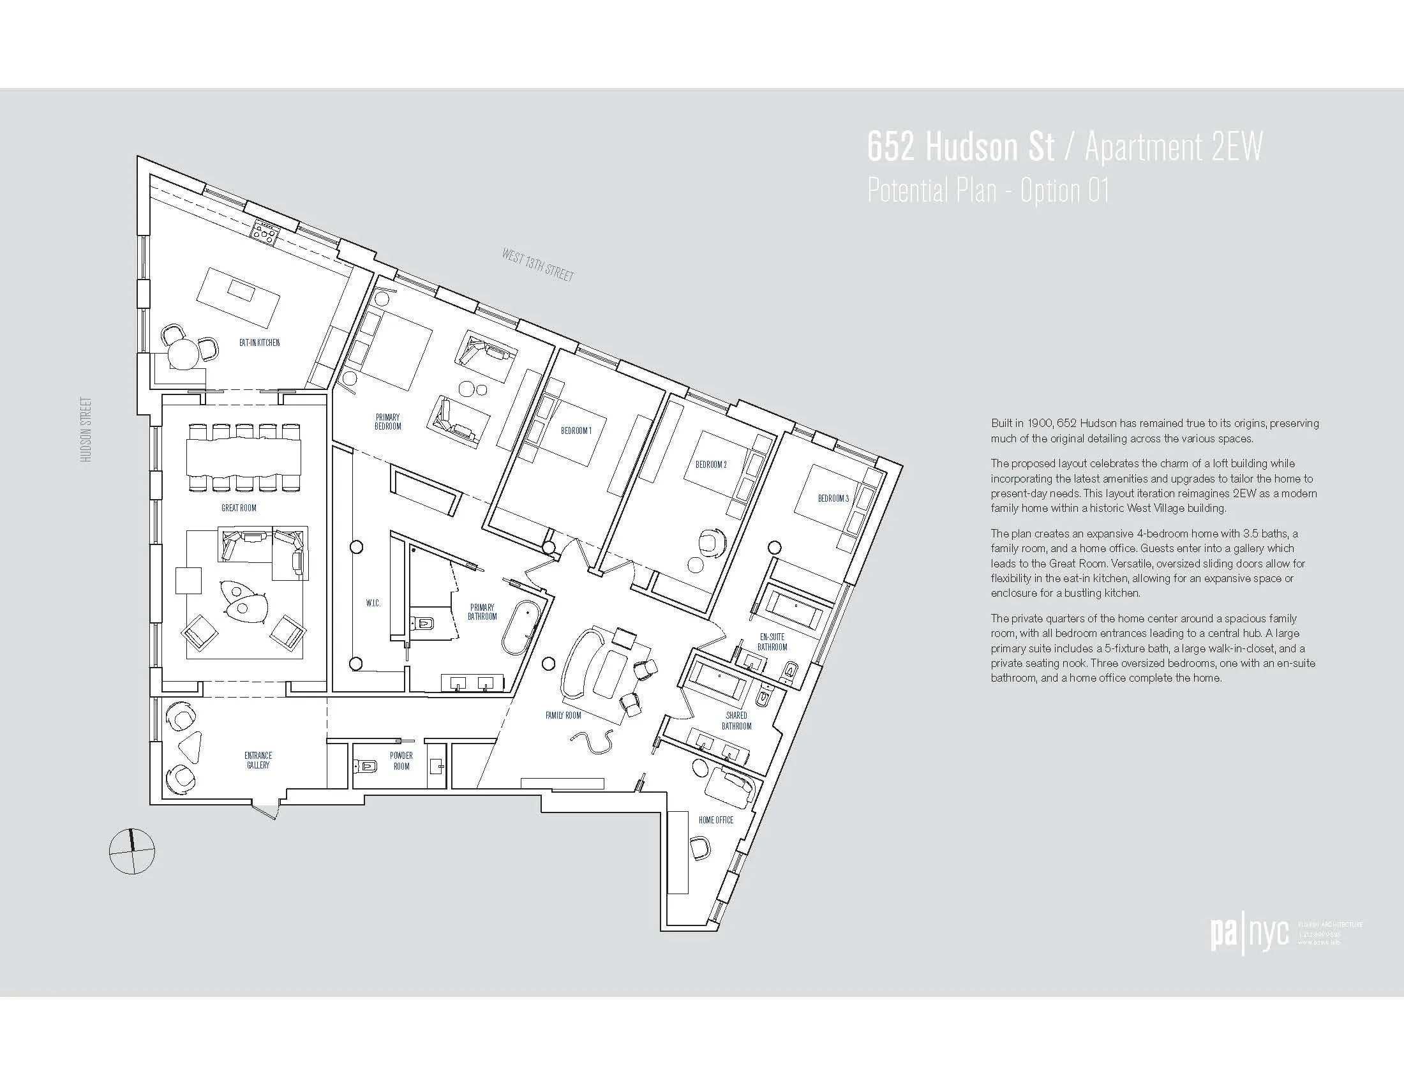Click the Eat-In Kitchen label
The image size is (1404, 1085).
tap(259, 343)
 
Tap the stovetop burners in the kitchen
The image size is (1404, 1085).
tap(264, 233)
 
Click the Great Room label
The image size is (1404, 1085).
tap(239, 508)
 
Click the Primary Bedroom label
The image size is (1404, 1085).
tap(387, 422)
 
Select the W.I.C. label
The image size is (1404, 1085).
tap(373, 603)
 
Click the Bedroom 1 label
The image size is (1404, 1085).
tap(576, 431)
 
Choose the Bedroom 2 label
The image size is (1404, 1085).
tap(710, 464)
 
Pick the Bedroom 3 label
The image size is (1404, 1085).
tap(832, 498)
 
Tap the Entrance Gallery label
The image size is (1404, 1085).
tap(258, 760)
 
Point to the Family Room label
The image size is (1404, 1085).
tap(563, 715)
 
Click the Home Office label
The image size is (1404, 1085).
tap(715, 820)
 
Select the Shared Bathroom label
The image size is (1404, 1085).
tap(736, 721)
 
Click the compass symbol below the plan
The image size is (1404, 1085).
tap(133, 851)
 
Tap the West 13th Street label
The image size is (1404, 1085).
tap(537, 265)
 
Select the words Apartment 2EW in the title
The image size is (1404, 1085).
tap(1173, 147)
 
